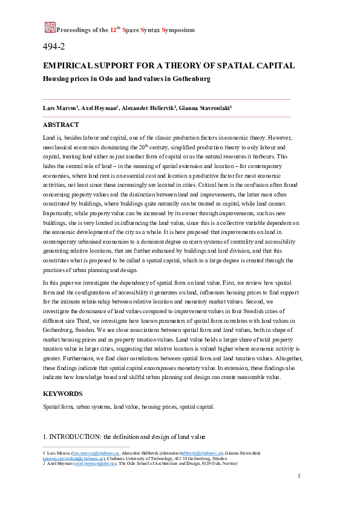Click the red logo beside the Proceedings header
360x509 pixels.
(50, 27)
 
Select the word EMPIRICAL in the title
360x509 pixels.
(68, 65)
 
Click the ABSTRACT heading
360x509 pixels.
(61, 125)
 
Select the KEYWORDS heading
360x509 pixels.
(63, 393)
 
